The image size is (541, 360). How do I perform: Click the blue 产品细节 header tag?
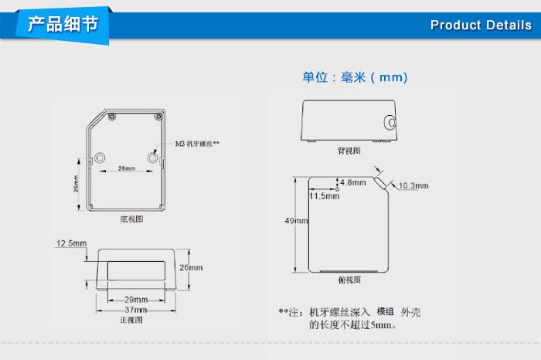pos(63,25)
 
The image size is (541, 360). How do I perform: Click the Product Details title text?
pos(481,25)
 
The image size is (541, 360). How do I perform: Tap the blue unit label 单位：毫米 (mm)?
pos(355,77)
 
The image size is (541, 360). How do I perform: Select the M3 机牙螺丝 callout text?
pos(197,144)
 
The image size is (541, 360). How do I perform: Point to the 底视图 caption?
pos(131,219)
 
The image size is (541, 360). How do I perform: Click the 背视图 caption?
pos(349,151)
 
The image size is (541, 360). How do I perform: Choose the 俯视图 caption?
pos(349,280)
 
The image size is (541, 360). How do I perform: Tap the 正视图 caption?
pos(131,320)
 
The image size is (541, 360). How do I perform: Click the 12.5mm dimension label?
pos(71,243)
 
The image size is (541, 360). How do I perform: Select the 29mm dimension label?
pos(136,299)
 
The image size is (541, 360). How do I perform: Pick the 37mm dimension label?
pos(135,310)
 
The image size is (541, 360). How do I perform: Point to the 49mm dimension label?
pos(296,221)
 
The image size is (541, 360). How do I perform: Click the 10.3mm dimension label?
pos(413,186)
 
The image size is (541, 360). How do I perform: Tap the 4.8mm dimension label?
pos(353,182)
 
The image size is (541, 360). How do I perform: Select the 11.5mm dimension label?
pos(325,196)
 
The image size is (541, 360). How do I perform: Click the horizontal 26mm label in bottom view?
pos(127,168)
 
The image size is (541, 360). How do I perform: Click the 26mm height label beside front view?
pos(191,267)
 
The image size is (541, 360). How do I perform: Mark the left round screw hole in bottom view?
pos(100,158)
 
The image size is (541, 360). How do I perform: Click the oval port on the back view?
pos(390,122)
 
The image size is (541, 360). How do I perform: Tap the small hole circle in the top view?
pos(337,189)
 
